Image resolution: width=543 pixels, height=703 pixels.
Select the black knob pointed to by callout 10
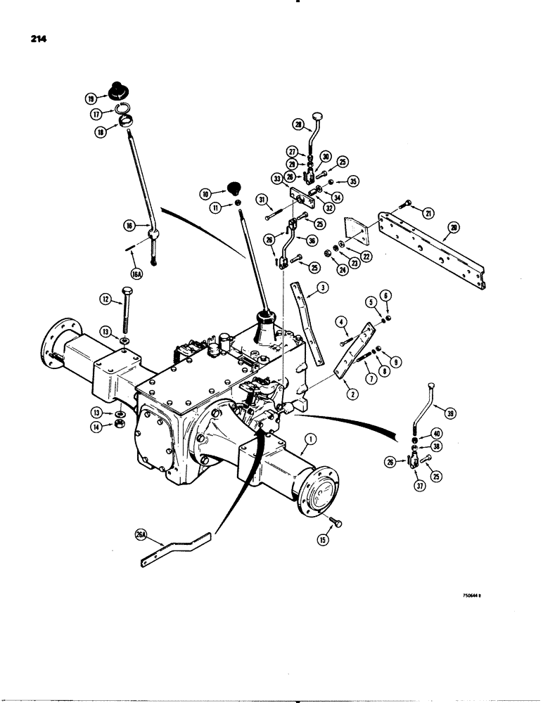(x=233, y=188)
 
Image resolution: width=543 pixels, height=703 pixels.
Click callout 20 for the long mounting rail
(x=454, y=228)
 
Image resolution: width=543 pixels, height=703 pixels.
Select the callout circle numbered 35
(x=352, y=180)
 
